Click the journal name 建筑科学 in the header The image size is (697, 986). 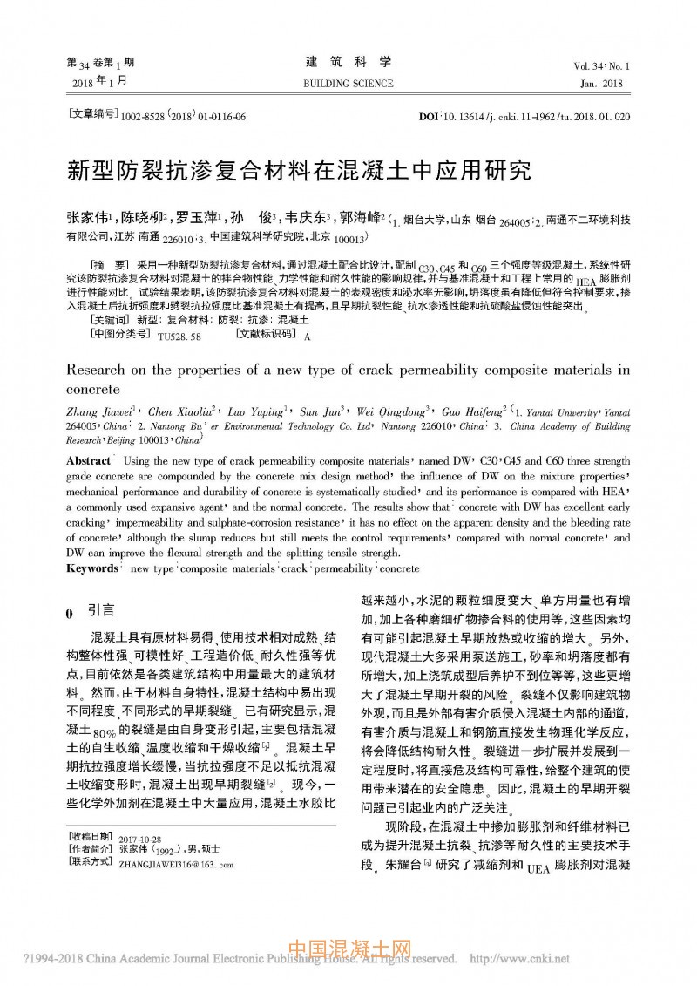tap(348, 63)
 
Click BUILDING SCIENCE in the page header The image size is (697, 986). tap(348, 84)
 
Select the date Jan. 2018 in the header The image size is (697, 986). tap(601, 84)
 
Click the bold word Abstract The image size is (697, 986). tap(88, 459)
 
